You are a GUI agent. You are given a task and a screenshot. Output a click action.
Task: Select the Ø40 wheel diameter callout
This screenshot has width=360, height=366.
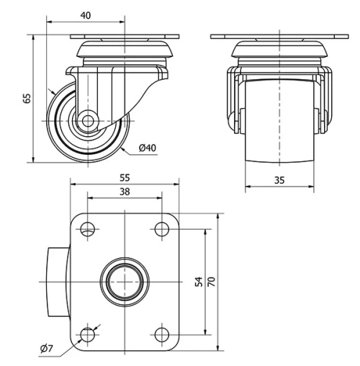(147, 148)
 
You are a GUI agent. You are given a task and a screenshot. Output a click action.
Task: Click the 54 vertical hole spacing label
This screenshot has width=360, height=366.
(199, 282)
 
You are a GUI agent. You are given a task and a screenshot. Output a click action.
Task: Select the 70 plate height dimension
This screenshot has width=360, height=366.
(212, 282)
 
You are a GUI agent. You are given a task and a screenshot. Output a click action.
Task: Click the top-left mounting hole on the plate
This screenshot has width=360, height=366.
(88, 231)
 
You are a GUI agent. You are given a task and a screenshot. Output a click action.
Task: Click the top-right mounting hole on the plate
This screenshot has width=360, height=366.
(159, 231)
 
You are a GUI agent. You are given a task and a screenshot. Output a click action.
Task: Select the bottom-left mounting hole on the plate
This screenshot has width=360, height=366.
(88, 334)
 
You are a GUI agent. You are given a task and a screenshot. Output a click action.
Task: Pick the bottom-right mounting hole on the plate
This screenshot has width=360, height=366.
(159, 334)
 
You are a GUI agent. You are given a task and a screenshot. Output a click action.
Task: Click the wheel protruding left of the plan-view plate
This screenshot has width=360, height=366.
(58, 282)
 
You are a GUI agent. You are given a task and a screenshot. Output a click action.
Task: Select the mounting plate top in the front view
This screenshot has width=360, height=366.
(279, 36)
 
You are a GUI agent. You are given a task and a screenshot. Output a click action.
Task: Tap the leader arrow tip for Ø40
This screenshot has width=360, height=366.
(120, 143)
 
